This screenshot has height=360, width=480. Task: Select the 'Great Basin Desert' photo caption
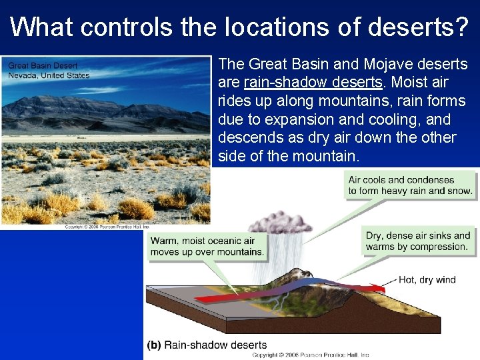[43, 65]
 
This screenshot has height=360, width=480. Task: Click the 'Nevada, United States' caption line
[49, 75]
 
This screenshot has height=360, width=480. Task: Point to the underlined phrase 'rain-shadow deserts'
[313, 83]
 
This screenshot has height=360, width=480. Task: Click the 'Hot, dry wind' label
[427, 279]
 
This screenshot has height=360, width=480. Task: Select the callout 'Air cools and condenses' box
[410, 185]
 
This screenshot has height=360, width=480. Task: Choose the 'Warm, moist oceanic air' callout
[207, 247]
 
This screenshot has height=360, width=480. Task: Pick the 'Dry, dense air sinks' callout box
[418, 241]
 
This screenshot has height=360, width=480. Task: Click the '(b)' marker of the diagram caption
[153, 345]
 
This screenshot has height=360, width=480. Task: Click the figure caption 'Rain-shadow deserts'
[215, 345]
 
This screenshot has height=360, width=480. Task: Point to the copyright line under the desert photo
[105, 227]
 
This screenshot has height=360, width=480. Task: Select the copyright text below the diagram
[310, 355]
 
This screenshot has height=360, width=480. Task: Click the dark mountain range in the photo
[100, 110]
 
